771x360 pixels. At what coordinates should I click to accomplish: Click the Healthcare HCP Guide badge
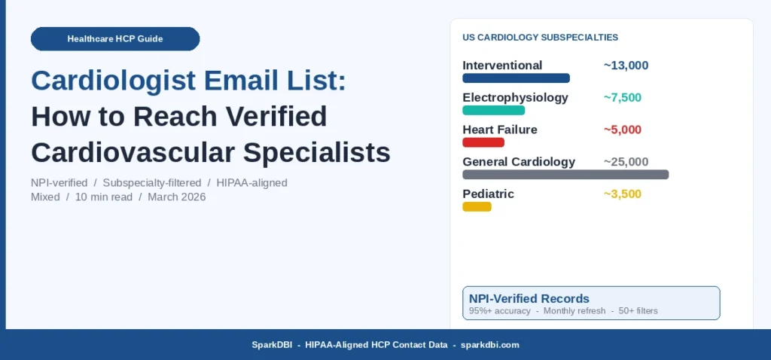(115, 38)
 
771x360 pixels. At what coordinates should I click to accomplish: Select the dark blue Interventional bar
(516, 78)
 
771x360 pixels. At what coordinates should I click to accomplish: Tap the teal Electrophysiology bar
(493, 110)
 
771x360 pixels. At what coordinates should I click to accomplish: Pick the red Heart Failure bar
(483, 142)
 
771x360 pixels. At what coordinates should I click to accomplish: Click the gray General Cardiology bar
(565, 175)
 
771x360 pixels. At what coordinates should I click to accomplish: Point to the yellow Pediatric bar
(477, 206)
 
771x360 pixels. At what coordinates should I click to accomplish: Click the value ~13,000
(626, 66)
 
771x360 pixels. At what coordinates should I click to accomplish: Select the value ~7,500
(623, 97)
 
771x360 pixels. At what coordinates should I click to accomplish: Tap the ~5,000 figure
(623, 130)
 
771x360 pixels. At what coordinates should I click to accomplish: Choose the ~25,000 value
(626, 161)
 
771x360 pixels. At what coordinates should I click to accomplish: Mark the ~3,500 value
(623, 194)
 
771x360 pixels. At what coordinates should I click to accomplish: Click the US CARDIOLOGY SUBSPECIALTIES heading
(540, 37)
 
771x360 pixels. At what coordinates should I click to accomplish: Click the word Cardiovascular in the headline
(126, 152)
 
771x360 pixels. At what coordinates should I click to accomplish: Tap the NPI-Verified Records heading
(529, 298)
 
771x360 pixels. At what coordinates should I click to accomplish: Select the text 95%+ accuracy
(500, 311)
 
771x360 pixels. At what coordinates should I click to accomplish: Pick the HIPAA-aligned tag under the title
(251, 183)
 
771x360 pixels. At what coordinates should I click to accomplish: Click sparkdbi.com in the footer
(489, 345)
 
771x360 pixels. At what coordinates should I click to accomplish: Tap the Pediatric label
(488, 194)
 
